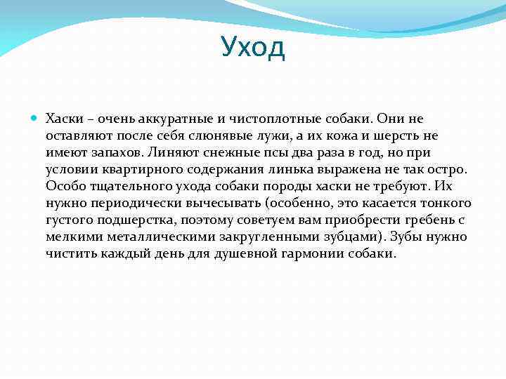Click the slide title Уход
point(252,47)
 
